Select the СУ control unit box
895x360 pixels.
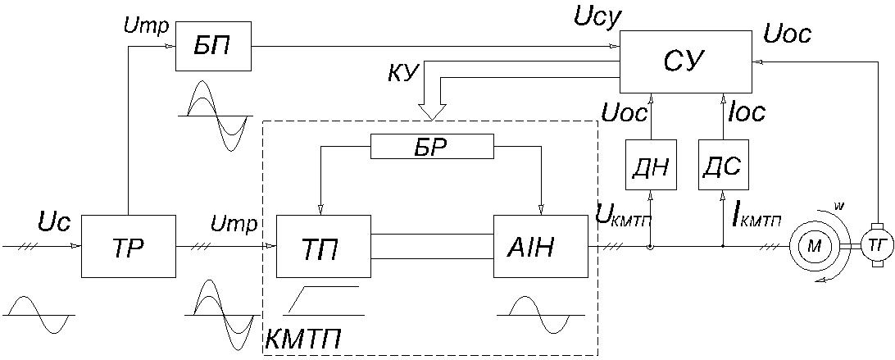[686, 62]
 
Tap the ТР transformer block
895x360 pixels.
[129, 246]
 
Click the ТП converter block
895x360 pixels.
[323, 246]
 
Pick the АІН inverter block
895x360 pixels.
[540, 246]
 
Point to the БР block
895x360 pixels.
[432, 147]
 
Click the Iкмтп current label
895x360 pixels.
[754, 218]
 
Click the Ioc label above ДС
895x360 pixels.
[747, 113]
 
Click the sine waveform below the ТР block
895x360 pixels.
[39, 315]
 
